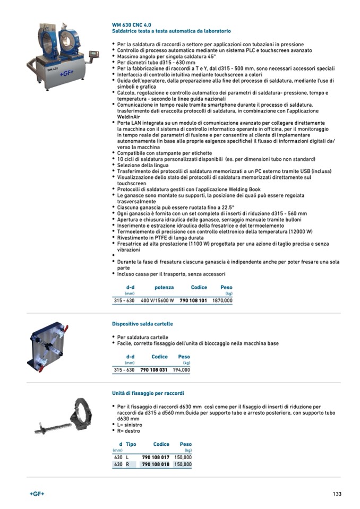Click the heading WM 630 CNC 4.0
[131, 25]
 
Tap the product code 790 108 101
[193, 300]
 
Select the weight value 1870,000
[222, 300]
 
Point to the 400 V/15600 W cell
[157, 300]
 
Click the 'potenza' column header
[164, 288]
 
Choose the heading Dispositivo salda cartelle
[142, 324]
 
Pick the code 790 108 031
[154, 369]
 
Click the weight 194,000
[181, 369]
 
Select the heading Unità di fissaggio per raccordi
[148, 393]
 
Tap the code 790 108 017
[156, 457]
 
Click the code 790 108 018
[156, 464]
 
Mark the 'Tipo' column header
[131, 444]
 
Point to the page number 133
[337, 494]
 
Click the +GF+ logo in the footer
[37, 494]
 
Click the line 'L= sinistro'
[130, 425]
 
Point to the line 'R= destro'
[129, 431]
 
